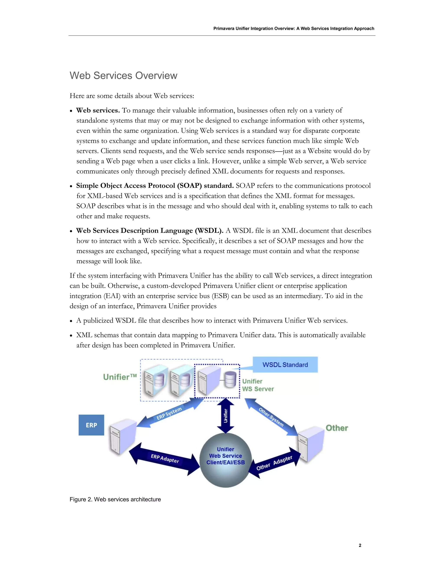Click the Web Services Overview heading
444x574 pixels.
tap(123, 76)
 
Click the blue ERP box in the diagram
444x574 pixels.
tap(91, 425)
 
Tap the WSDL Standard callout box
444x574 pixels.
tap(285, 365)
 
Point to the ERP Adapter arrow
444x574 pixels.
tap(165, 458)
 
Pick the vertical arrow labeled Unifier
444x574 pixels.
tap(225, 416)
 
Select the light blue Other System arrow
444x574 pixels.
tap(271, 417)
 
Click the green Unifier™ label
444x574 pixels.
tap(120, 377)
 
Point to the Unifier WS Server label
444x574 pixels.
tap(258, 385)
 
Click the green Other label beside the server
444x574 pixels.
tap(337, 428)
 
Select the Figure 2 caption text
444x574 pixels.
tap(115, 499)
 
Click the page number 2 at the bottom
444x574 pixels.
tap(360, 545)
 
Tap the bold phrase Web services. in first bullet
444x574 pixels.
tap(98, 110)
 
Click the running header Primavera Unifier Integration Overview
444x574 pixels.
tap(294, 28)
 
